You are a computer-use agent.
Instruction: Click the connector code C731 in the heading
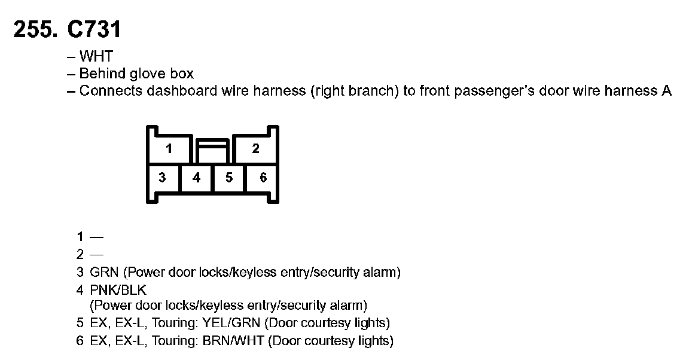(94, 29)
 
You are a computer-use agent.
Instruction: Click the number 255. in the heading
(35, 29)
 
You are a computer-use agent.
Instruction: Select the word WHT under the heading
(96, 57)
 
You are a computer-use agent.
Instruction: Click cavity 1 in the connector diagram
(169, 148)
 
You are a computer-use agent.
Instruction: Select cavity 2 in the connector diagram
(255, 148)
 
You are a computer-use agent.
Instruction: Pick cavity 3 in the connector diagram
(162, 178)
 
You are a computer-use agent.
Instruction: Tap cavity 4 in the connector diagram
(196, 178)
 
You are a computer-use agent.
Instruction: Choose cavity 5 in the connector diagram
(229, 178)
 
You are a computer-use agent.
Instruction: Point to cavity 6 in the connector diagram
(263, 178)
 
